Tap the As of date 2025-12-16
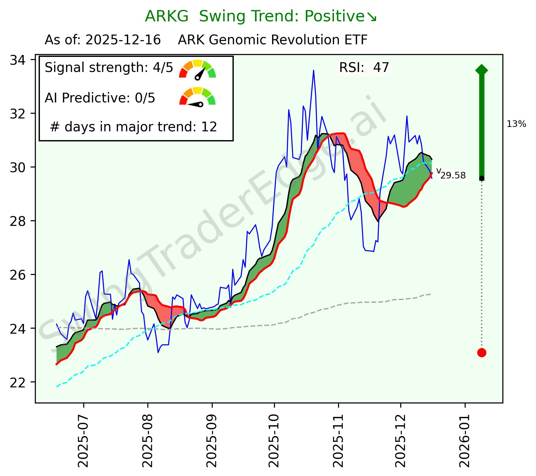[x=123, y=40]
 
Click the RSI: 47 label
[x=364, y=68]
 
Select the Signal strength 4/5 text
[x=109, y=68]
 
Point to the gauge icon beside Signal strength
[x=198, y=69]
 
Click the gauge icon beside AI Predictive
[x=198, y=97]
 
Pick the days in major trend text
[x=134, y=127]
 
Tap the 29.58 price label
[x=453, y=176]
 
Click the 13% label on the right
[x=516, y=124]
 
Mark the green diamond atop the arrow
[x=482, y=70]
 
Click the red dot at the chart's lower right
[x=482, y=353]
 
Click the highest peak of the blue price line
[x=313, y=71]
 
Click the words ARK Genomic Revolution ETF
[x=272, y=40]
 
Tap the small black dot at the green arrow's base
[x=482, y=178]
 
